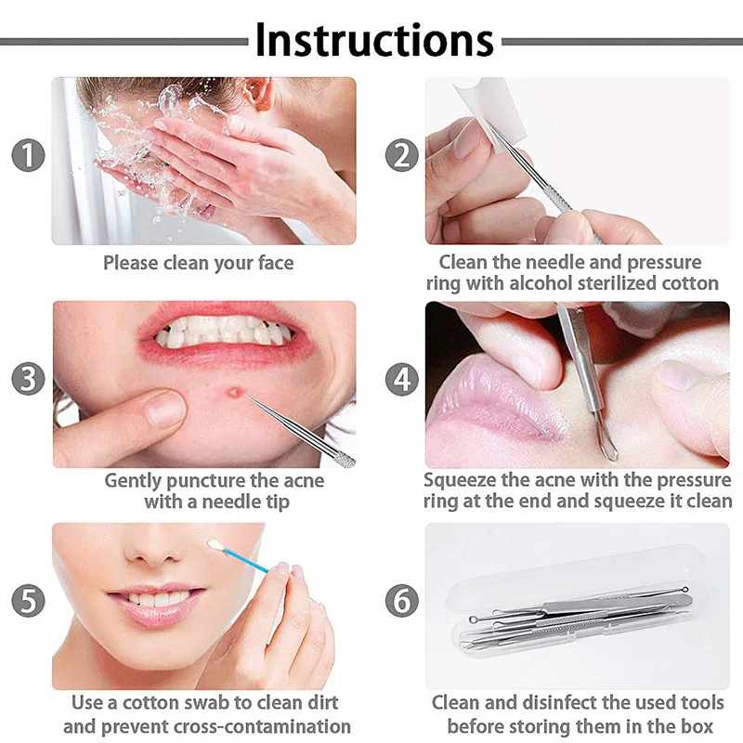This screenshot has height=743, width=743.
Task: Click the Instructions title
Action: pos(374,39)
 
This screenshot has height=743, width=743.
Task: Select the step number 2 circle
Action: pos(401,155)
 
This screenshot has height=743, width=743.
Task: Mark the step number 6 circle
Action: pos(401,600)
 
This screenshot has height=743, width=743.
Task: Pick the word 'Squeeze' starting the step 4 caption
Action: pos(462,481)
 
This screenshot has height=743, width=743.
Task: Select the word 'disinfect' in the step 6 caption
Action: pos(544,703)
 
